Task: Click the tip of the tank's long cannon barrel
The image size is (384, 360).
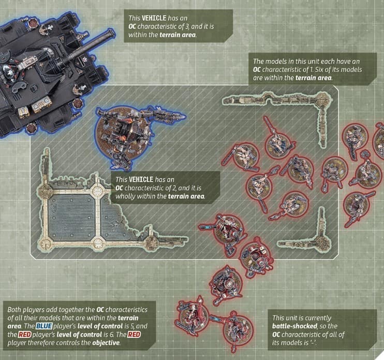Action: tap(112, 34)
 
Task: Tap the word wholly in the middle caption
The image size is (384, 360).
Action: tap(127, 196)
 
